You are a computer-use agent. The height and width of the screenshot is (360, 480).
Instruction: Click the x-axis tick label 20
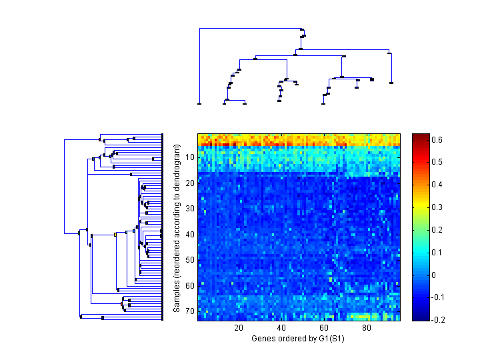[x=239, y=329]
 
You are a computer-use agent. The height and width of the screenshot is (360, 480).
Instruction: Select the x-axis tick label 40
[x=281, y=329]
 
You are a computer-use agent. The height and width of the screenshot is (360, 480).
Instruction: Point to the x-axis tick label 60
[x=324, y=329]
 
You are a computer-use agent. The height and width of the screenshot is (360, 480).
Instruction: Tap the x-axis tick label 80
[x=367, y=329]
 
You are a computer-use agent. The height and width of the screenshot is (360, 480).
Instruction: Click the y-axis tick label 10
[x=190, y=157]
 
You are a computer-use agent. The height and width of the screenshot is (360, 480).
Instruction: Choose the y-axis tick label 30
[x=190, y=209]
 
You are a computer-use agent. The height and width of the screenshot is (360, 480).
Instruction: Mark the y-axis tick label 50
[x=190, y=260]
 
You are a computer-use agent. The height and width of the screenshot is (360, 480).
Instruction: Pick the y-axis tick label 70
[x=190, y=311]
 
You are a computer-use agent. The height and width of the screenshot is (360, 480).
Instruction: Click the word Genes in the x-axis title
[x=263, y=339]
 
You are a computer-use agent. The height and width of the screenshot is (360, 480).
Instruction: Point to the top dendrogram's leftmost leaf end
[x=199, y=103]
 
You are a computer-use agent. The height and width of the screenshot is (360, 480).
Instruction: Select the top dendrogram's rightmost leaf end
[x=391, y=83]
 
